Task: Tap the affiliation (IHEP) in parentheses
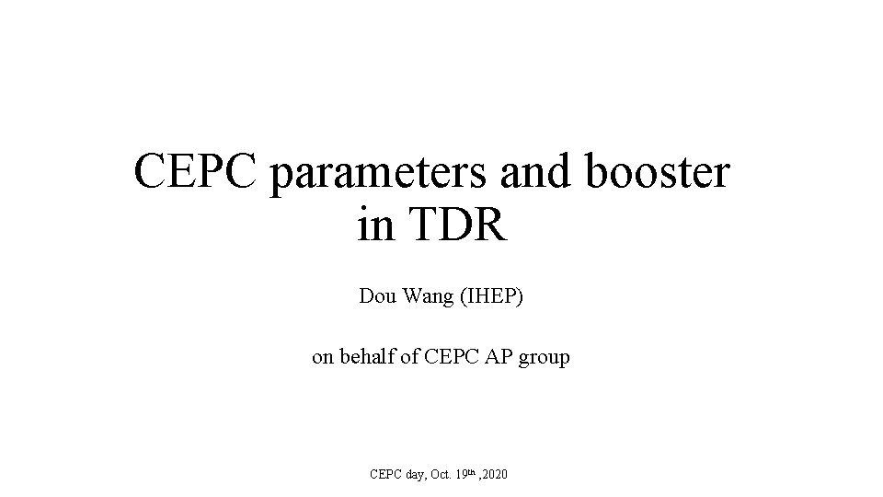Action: tap(488, 299)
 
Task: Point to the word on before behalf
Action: tap(323, 357)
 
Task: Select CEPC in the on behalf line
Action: tap(451, 357)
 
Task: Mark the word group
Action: tap(545, 358)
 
